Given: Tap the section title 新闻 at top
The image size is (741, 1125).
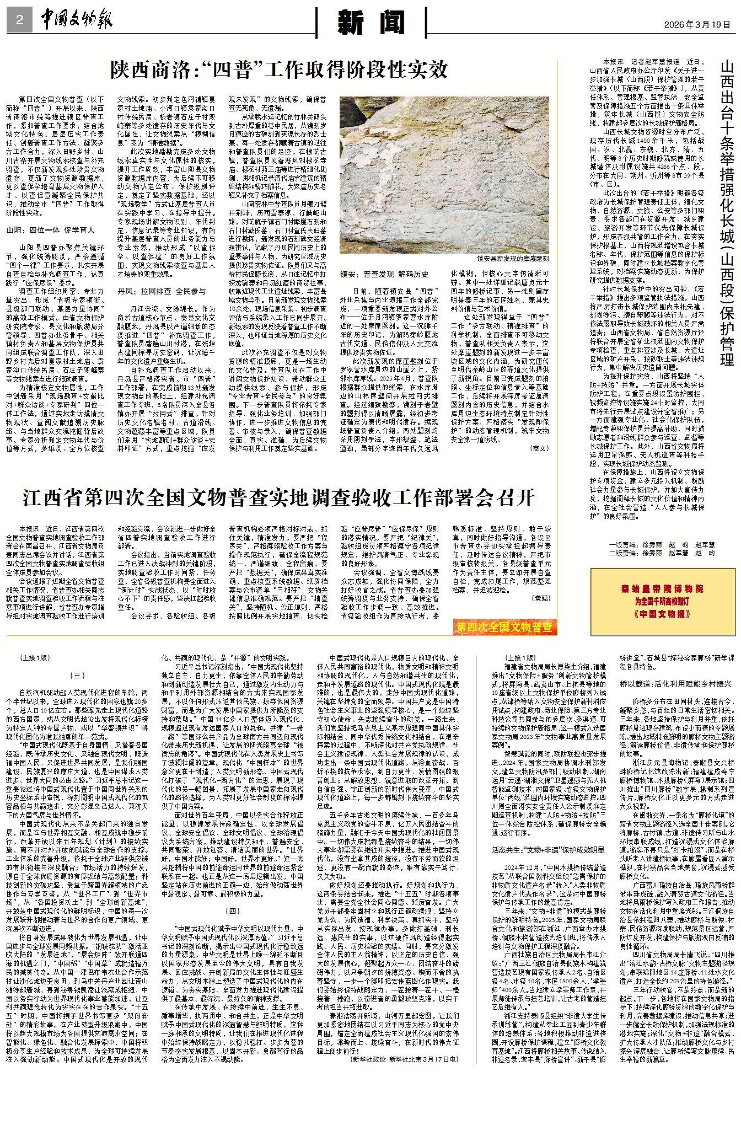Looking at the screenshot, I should click(372, 23).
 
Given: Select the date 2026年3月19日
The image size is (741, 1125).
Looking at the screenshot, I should click(697, 25).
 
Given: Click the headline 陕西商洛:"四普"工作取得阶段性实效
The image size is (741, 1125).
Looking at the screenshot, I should click(278, 70).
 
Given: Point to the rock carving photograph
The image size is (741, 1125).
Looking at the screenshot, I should click(444, 175).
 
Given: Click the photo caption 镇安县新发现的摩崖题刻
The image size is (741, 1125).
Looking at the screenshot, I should click(513, 258).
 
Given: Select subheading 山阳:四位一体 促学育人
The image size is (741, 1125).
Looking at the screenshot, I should click(51, 230).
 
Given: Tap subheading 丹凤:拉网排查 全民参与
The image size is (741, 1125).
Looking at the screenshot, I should click(161, 291).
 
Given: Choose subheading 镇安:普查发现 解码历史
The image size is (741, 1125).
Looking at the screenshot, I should click(384, 274).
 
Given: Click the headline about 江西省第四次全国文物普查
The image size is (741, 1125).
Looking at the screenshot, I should click(278, 497).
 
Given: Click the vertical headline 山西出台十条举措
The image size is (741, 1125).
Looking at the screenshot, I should click(727, 212).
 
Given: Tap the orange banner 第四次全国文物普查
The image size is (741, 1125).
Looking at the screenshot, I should click(504, 627).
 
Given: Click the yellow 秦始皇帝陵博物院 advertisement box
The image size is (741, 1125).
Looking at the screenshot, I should click(662, 601).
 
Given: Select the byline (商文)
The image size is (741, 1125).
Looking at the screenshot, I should click(539, 448).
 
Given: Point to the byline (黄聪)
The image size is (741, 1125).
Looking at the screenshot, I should click(540, 598).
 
